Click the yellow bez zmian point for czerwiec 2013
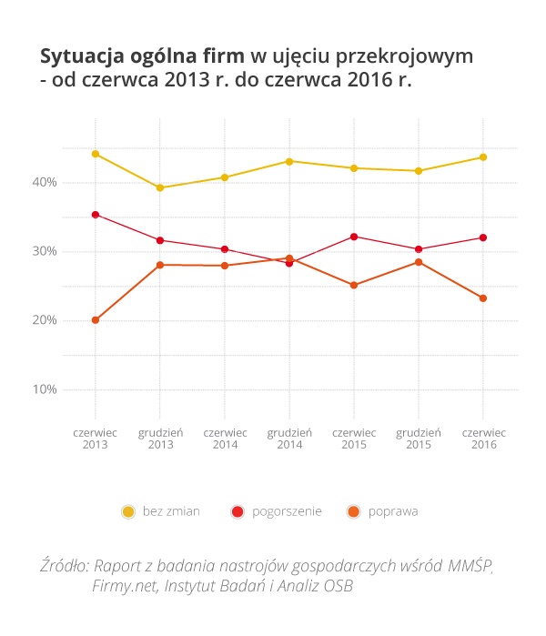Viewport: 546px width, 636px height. click(96, 154)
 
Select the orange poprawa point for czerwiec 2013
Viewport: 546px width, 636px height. click(96, 320)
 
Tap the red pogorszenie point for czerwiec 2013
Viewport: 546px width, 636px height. click(96, 215)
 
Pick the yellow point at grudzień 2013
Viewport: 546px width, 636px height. click(160, 187)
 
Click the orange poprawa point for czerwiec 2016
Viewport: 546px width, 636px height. click(483, 298)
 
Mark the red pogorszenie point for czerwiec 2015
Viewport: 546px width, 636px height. click(354, 237)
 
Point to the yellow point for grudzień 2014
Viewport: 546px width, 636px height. click(289, 161)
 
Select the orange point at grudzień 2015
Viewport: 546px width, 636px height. click(419, 262)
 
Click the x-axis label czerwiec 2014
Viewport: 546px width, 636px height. click(225, 439)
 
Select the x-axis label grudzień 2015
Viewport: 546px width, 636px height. click(419, 439)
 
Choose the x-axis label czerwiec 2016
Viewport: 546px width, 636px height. click(483, 439)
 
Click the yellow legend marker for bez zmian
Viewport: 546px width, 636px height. click(128, 512)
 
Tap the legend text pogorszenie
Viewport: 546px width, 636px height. click(288, 511)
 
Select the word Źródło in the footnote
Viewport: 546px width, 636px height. click(64, 565)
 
